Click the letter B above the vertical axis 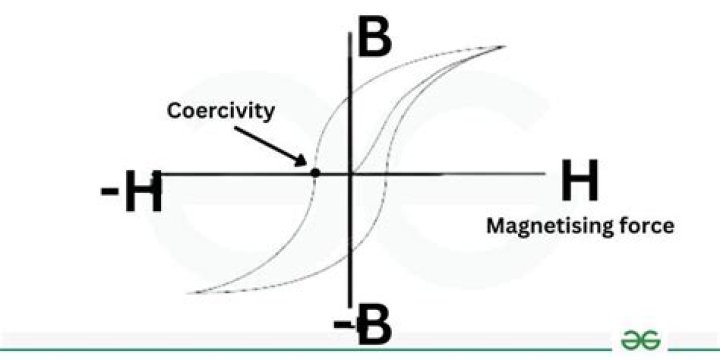[374, 37]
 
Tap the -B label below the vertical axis [363, 325]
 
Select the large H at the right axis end [579, 180]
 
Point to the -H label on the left [131, 191]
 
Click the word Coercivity [220, 111]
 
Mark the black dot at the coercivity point [315, 173]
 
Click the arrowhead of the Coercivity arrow [302, 161]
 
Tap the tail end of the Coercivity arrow [235, 128]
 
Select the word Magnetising [550, 226]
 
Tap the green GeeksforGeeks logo [640, 340]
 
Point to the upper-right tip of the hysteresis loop [504, 46]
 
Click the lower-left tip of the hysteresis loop [189, 292]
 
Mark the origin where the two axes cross [350, 174]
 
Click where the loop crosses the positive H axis [387, 174]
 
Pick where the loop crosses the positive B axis [350, 97]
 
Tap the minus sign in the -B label [342, 325]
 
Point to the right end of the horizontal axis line [544, 174]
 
